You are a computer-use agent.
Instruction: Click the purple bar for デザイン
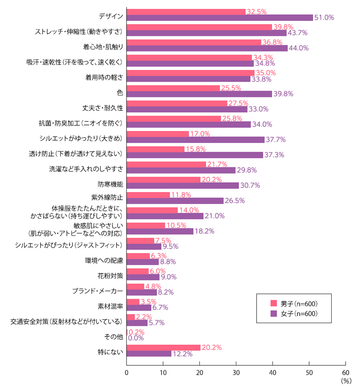[x=220, y=17]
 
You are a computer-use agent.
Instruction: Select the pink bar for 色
[x=173, y=88]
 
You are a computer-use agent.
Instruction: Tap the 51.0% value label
[x=324, y=17]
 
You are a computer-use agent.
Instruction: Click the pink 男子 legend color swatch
[x=273, y=303]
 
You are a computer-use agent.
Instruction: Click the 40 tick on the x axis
[x=272, y=373]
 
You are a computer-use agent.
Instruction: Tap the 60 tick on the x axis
[x=345, y=373]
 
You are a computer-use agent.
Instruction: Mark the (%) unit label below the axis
[x=346, y=381]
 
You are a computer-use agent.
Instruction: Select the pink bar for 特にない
[x=163, y=347]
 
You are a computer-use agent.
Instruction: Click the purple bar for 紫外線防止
[x=175, y=201]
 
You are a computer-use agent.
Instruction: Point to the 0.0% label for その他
[x=135, y=338]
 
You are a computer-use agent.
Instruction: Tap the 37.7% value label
[x=276, y=140]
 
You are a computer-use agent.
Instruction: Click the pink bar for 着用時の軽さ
[x=191, y=73]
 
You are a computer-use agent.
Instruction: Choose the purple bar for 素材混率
[x=139, y=308]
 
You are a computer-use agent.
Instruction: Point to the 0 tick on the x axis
[x=126, y=373]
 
